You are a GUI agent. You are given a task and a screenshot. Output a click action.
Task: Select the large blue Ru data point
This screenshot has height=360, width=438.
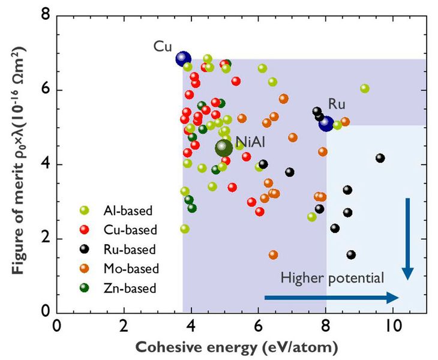[326, 124]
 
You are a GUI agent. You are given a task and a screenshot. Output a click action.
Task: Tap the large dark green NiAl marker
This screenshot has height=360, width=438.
[223, 147]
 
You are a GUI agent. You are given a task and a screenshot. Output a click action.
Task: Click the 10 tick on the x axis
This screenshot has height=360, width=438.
[393, 325]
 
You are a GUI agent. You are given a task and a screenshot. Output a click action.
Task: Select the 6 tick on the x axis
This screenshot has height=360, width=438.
[259, 325]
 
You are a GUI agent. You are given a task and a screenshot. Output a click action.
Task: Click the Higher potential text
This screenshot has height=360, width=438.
[332, 278]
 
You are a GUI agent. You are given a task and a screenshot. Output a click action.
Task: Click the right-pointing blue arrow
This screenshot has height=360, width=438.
[332, 298]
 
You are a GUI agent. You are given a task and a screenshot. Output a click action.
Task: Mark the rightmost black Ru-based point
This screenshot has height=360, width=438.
[380, 158]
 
